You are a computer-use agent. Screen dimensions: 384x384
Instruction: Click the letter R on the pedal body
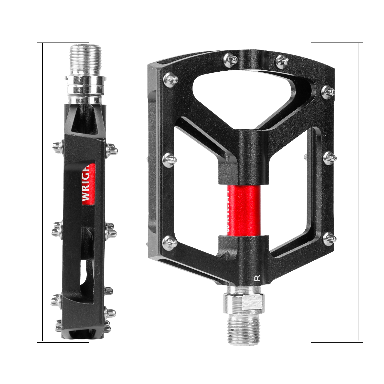(258, 278)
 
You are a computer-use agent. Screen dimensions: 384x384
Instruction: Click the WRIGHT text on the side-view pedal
(87, 183)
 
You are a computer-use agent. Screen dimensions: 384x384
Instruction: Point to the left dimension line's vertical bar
(42, 192)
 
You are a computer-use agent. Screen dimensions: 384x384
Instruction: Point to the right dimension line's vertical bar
(358, 192)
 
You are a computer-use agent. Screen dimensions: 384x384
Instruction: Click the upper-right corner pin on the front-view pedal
(328, 91)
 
